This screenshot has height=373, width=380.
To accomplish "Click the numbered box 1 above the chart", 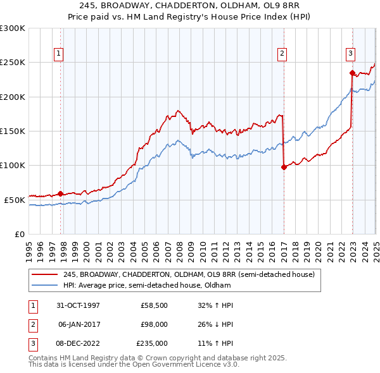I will pos(58,54).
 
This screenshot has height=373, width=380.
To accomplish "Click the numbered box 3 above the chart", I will pos(350,54).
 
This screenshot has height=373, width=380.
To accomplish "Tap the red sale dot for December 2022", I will pos(352,73).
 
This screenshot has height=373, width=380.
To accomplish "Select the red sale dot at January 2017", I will pos(284,167).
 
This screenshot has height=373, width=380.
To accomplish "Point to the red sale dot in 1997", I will pos(61,193).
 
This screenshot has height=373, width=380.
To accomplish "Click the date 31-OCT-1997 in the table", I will pos(78,305).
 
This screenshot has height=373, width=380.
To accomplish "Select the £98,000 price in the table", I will pos(154,324).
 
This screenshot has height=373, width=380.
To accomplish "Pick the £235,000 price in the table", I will pos(152,343).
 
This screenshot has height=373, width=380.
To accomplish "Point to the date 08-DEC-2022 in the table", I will pos(78,343).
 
